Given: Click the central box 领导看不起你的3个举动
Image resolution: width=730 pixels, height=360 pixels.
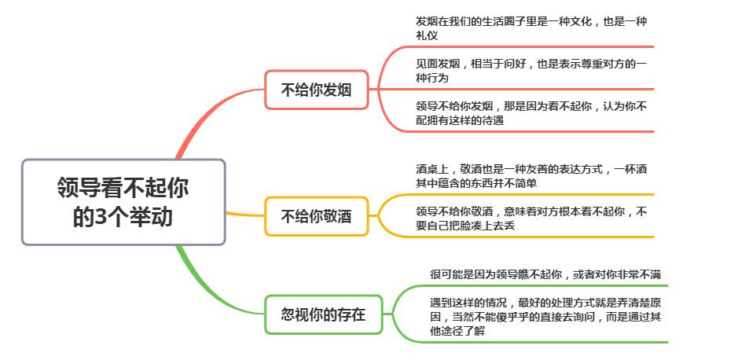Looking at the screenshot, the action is click(x=123, y=202).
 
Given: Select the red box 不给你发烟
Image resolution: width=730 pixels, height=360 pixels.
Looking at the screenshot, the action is click(x=317, y=90).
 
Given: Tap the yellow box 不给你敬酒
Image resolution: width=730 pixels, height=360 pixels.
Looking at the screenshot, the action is click(x=317, y=216).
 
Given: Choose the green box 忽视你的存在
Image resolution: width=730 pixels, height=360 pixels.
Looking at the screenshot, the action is click(x=324, y=314).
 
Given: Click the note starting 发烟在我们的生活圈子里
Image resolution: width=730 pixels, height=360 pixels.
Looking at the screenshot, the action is click(x=531, y=28).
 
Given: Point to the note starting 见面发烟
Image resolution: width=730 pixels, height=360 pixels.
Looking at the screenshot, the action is click(x=531, y=70).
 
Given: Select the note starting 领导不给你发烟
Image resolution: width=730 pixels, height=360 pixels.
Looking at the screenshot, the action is click(x=531, y=113).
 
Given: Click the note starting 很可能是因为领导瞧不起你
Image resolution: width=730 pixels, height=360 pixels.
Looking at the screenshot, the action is click(x=545, y=275).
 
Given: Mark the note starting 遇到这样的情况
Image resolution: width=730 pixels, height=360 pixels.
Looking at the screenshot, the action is click(x=545, y=317).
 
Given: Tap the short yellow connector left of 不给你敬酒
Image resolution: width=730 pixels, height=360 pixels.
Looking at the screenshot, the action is click(x=245, y=215).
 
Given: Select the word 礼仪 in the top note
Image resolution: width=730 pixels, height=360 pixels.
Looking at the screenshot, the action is click(x=427, y=35).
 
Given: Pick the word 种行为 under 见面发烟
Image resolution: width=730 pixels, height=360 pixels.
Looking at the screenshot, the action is click(x=432, y=78).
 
